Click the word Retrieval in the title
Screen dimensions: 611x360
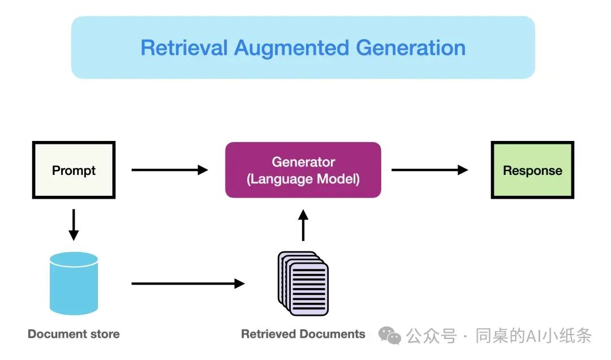tap(184, 48)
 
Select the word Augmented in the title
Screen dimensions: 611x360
tap(291, 49)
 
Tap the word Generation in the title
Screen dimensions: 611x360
tap(411, 48)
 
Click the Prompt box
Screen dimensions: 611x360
tap(74, 170)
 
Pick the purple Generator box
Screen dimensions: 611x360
tap(303, 170)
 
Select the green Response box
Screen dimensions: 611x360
tap(532, 170)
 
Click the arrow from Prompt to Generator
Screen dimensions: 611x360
tap(170, 170)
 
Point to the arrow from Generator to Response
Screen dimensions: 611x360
tap(430, 170)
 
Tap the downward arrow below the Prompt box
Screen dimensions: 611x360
tap(74, 225)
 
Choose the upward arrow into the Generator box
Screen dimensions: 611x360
tap(303, 225)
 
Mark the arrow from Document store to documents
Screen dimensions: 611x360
tap(188, 284)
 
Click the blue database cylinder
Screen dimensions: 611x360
tap(74, 284)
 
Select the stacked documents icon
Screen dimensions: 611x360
tap(303, 284)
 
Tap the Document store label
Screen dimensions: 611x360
tap(74, 335)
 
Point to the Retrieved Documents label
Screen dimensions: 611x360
tap(303, 335)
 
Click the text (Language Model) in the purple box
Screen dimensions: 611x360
tap(303, 179)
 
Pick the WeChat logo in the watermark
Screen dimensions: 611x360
tap(390, 336)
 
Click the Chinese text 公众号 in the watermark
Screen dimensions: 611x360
tap(431, 336)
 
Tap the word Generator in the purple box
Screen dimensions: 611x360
tap(303, 162)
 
